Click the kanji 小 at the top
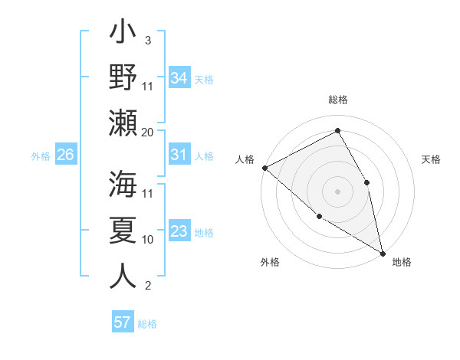[x=123, y=35]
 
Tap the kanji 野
[x=123, y=78]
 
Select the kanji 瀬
[x=123, y=123]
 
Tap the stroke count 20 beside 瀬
[x=148, y=132]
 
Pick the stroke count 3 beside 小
[x=147, y=40]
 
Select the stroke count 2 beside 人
[x=147, y=286]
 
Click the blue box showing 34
[x=179, y=78]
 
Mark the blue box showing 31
[x=179, y=155]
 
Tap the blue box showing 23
[x=179, y=232]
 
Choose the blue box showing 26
[x=65, y=155]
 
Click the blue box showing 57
[x=122, y=322]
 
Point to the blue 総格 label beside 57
[x=147, y=324]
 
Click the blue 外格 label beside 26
[x=41, y=156]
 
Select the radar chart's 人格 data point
[x=264, y=168]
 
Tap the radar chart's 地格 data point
[x=382, y=253]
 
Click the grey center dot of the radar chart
[x=337, y=191]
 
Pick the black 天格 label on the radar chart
[x=431, y=159]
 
